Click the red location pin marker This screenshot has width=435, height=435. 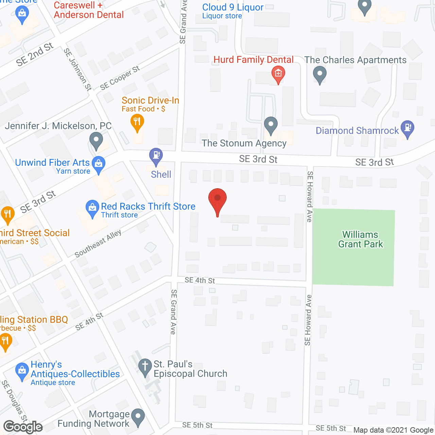point(217,200)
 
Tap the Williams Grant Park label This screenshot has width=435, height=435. point(361,239)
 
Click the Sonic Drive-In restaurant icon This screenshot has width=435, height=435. point(137,122)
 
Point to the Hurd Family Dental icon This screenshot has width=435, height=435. point(278,74)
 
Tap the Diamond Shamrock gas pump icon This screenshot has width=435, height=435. point(407,128)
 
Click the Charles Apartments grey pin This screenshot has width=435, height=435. point(319,74)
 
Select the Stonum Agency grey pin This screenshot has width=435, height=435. point(271,124)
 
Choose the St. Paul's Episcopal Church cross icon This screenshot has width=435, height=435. point(145,367)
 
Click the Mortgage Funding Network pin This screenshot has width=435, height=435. point(138,416)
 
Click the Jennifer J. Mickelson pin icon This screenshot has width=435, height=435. point(96,140)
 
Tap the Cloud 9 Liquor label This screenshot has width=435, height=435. point(232,7)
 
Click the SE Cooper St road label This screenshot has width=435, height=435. point(120,78)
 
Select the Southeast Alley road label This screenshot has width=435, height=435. point(98,243)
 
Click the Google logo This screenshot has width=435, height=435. point(23,427)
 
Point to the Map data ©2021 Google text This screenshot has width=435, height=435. point(394,430)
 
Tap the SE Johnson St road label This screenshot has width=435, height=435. point(78,69)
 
